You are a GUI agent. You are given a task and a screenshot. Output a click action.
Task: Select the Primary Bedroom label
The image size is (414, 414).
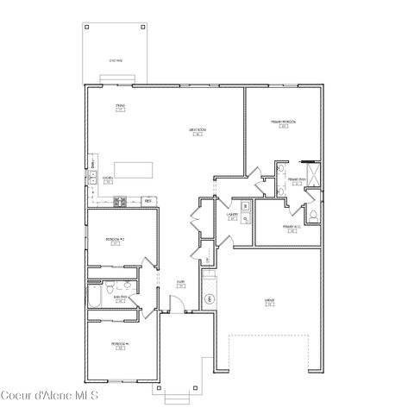click(284, 122)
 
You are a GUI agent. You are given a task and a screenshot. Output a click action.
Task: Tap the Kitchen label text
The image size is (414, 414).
click(108, 179)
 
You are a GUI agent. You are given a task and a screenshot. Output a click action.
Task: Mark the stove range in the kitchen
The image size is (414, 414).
click(122, 203)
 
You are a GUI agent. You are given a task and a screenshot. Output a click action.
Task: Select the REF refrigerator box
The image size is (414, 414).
click(148, 200)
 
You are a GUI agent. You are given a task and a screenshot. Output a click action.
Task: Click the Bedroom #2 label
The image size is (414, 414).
click(116, 240)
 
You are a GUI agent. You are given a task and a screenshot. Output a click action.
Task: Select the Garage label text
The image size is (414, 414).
click(268, 301)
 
